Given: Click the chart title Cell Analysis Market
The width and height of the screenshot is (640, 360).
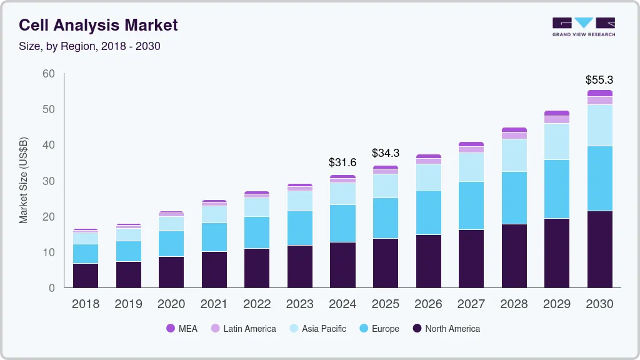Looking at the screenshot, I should (98, 25).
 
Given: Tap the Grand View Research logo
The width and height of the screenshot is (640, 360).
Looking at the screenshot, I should (583, 26).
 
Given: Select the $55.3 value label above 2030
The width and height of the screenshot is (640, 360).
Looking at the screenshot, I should (599, 80).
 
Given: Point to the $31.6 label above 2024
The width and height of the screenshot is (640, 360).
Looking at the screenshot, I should (342, 162).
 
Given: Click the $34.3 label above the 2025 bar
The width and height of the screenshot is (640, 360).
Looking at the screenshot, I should (386, 153).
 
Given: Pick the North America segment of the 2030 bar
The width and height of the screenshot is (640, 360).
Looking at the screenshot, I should (599, 249).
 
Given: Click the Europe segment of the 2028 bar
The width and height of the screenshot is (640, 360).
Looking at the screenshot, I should (514, 197).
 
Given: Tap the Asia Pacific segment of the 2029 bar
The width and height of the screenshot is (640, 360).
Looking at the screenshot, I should (557, 141).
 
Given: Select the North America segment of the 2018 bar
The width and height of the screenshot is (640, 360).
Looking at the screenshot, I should (86, 276).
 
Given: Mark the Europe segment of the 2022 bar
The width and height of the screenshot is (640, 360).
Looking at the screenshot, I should (257, 232).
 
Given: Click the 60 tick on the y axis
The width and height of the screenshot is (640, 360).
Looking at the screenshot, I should (48, 74).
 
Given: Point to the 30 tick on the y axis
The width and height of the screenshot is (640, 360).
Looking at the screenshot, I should (48, 181).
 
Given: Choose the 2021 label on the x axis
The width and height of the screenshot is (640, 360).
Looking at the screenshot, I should (214, 304).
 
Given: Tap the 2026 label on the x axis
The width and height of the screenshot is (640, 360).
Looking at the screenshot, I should (428, 304).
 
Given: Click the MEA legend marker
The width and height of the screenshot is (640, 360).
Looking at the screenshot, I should (171, 328).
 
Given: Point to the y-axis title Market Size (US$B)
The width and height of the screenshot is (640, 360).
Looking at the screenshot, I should (24, 181).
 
